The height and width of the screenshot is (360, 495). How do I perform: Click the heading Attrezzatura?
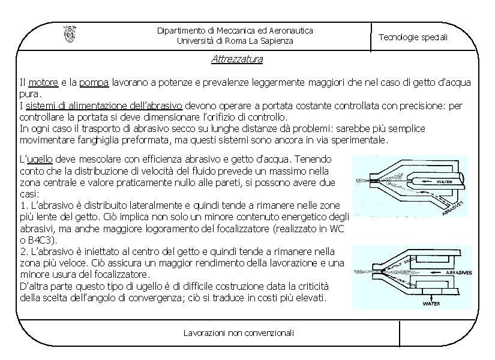tap(237, 59)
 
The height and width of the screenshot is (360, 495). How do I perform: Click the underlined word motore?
tap(43, 82)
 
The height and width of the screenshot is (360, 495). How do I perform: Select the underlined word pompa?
tap(94, 82)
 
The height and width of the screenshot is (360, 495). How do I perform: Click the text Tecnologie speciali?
tap(413, 37)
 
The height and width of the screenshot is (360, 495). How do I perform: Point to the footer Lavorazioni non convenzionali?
tap(239, 332)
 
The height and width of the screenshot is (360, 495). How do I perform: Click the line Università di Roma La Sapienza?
tap(235, 41)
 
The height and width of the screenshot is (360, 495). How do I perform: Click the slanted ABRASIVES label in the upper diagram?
tap(454, 209)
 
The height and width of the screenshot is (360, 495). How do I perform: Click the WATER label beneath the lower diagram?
tap(432, 304)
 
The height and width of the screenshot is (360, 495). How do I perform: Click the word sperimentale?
tap(358, 140)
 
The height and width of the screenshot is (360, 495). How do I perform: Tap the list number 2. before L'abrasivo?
tap(23, 251)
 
